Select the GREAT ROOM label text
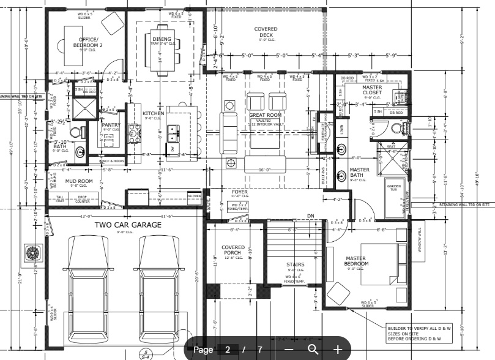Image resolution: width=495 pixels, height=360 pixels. tap(265, 115)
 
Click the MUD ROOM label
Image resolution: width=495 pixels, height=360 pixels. tap(79, 182)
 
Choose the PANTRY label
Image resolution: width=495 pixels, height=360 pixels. tap(111, 126)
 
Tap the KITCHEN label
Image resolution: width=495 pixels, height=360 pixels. tap(153, 114)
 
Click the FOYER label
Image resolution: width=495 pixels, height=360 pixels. tap(239, 192)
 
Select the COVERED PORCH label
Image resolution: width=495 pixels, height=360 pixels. tap(233, 251)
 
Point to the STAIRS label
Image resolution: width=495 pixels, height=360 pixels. tap(296, 265)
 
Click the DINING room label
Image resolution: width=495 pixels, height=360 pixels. tap(162, 40)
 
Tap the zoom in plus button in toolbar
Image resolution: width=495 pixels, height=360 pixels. tap(337, 350)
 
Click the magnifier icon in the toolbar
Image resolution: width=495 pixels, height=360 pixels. tap(313, 350)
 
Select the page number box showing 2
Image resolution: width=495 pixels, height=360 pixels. tap(228, 350)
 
